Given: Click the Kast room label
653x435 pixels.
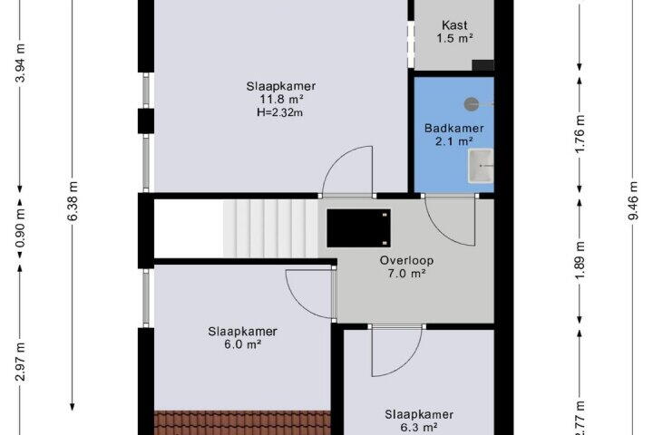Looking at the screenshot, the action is point(454,25).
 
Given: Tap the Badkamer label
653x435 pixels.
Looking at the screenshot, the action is point(454,128).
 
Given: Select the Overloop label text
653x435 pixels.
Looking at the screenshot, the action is point(406,261).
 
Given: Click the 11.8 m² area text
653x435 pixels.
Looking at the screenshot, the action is point(281,100).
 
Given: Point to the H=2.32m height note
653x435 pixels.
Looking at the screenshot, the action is point(279,112).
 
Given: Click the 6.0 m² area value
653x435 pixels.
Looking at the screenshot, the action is point(243,344).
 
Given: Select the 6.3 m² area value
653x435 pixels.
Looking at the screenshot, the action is point(419,428).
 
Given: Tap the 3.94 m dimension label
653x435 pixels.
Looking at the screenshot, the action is point(21,63).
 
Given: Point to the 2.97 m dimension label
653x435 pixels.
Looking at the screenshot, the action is point(21,362).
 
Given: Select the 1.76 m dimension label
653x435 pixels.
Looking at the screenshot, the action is point(580,134).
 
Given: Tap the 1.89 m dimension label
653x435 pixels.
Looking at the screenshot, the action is point(580,261).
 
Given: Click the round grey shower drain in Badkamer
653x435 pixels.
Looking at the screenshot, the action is point(472,104).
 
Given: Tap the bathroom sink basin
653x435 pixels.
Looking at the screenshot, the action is point(481,166).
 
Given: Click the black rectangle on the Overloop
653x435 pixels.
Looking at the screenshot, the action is point(358,228).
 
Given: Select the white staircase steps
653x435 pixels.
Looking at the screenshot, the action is point(270,228).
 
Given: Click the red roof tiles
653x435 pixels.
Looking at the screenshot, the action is point(242,423).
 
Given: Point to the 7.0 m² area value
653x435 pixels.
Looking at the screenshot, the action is point(406,274).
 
